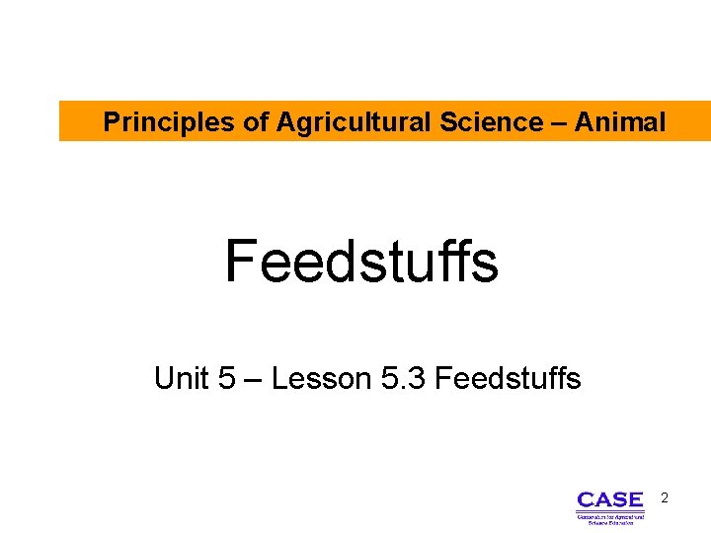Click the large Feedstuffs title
(x=361, y=262)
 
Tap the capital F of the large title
(x=241, y=262)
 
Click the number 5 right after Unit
(x=227, y=378)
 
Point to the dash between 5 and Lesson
(x=253, y=379)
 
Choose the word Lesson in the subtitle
(x=320, y=378)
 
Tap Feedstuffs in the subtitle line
(x=508, y=378)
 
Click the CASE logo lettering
(x=609, y=499)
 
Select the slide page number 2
(x=665, y=498)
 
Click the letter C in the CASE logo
(x=586, y=499)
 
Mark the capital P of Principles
(x=112, y=122)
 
